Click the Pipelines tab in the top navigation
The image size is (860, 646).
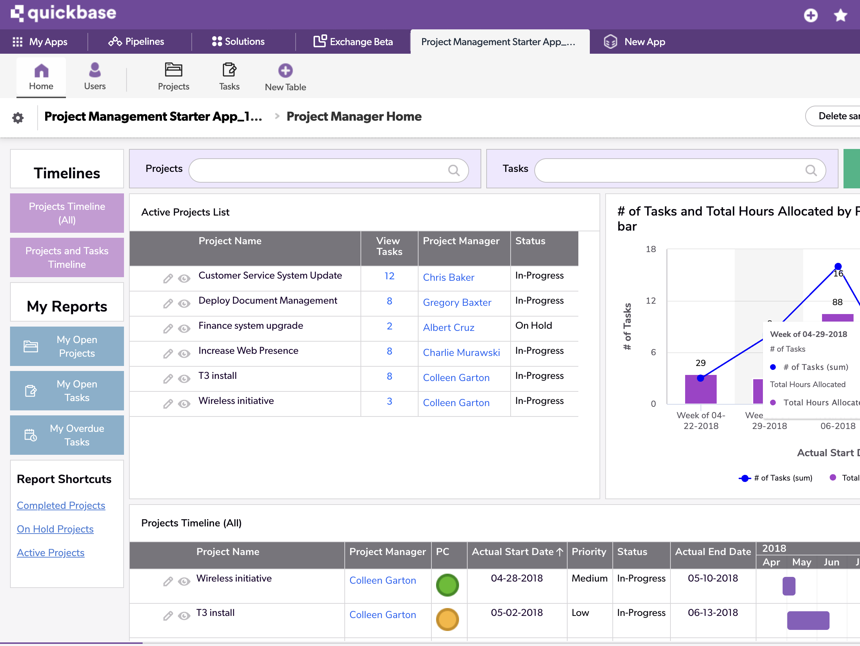137,42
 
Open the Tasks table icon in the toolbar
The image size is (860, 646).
229,70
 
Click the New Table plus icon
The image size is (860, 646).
285,71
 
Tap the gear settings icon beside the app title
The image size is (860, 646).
18,118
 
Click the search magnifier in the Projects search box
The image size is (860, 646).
453,170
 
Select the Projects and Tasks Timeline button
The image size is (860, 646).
67,257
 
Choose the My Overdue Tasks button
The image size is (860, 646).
67,435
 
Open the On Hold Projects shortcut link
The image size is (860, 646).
55,529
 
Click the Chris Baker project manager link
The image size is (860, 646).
448,278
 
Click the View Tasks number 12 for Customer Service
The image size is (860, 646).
389,276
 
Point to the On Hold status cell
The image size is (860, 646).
534,326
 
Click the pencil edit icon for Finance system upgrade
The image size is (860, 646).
168,329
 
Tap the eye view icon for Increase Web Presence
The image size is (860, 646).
184,354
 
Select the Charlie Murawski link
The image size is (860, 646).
461,353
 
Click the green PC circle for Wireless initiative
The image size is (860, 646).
447,585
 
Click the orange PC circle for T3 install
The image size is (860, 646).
447,619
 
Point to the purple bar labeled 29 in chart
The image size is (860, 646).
701,390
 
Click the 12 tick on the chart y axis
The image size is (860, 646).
651,301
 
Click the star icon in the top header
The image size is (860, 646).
841,15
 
